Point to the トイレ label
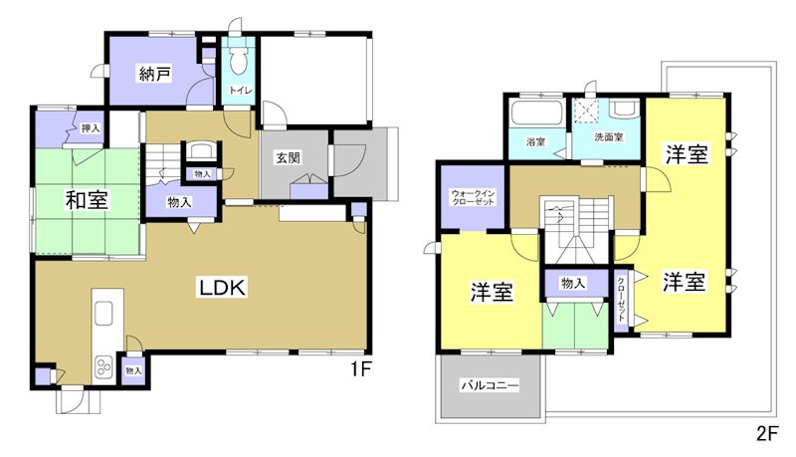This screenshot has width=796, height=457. click(x=240, y=92)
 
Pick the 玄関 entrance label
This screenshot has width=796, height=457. click(x=289, y=156)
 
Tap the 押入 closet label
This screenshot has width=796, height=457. click(x=91, y=127)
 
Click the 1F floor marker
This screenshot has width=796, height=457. click(x=359, y=369)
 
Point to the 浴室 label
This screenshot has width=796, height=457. click(x=535, y=141)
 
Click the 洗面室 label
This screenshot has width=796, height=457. click(x=608, y=136)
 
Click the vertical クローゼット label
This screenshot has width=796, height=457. click(x=621, y=297)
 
